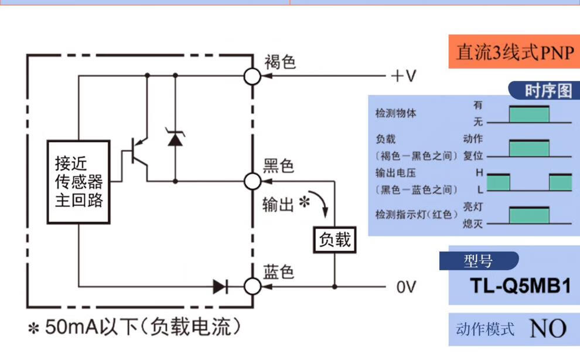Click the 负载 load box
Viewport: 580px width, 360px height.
335,239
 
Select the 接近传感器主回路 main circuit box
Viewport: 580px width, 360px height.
79,182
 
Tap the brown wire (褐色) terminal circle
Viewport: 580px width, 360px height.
253,76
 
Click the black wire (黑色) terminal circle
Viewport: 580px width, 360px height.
253,181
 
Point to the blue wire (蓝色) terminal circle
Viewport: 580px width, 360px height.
253,287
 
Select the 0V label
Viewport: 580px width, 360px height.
406,287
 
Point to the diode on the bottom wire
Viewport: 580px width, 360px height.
220,287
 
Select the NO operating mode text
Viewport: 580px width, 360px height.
548,329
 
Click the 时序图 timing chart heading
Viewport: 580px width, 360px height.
547,91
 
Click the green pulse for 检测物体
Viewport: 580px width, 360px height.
530,114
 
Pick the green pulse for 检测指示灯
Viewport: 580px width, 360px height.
530,216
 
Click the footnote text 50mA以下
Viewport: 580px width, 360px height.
134,327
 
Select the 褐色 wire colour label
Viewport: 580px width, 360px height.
279,62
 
